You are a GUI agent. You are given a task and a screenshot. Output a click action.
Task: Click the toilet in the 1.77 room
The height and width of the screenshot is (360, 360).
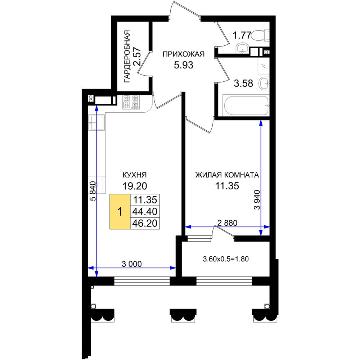pyautogui.click(x=260, y=36)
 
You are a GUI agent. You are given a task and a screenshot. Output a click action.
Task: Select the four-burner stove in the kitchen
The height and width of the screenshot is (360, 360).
pyautogui.click(x=131, y=102)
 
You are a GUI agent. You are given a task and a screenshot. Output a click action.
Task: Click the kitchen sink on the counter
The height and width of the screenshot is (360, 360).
pyautogui.click(x=96, y=122)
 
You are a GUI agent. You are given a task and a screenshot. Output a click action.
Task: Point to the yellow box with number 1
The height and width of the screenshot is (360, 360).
pyautogui.click(x=120, y=211)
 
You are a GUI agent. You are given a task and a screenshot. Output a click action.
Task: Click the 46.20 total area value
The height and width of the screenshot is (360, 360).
pyautogui.click(x=145, y=223)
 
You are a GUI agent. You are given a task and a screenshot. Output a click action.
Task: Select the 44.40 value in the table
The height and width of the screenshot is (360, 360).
pyautogui.click(x=145, y=211)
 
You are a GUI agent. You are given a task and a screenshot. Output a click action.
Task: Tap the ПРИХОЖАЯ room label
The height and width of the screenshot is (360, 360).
pyautogui.click(x=184, y=54)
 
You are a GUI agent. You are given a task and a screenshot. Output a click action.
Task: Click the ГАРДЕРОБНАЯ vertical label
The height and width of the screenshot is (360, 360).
pyautogui.click(x=127, y=56)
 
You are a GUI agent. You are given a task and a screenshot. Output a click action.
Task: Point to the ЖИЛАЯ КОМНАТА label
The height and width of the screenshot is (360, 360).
pyautogui.click(x=227, y=175)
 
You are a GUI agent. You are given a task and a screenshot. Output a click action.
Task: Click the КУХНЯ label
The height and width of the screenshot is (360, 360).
pyautogui.click(x=135, y=175)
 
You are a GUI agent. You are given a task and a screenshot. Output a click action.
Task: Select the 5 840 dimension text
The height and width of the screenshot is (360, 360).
pyautogui.click(x=93, y=191)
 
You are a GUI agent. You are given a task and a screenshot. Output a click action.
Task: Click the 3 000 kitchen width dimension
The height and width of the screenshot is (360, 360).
pyautogui.click(x=131, y=264)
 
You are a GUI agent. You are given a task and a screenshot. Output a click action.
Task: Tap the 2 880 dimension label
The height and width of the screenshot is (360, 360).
pyautogui.click(x=227, y=223)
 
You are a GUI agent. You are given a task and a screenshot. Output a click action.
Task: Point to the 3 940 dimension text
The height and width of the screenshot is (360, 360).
pyautogui.click(x=257, y=200)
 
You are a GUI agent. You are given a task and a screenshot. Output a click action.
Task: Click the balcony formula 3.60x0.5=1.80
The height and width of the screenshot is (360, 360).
pyautogui.click(x=226, y=259)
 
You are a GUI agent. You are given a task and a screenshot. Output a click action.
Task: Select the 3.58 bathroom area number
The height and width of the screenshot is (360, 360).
pyautogui.click(x=243, y=83)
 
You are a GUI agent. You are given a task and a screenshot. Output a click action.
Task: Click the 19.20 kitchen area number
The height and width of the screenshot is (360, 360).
pyautogui.click(x=135, y=186)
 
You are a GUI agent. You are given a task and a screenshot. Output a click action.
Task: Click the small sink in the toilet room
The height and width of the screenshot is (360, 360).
pyautogui.click(x=242, y=48)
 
